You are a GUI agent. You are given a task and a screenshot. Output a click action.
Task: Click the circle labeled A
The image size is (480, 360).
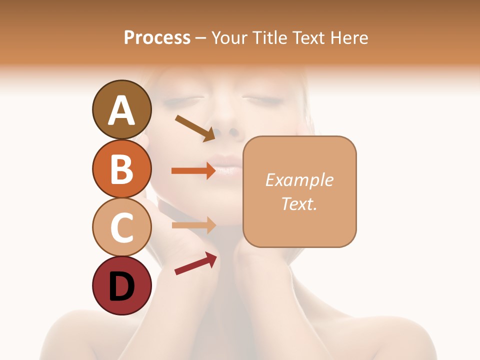121,109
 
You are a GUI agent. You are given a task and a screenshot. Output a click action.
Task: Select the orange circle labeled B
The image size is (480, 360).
121,168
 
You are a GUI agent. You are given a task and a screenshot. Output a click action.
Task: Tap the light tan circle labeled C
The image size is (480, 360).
121,227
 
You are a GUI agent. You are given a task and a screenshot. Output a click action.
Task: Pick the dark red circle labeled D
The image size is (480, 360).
121,285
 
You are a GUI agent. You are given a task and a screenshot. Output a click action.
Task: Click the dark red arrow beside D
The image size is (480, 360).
195,264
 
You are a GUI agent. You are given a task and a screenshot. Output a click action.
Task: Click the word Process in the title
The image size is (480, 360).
157,37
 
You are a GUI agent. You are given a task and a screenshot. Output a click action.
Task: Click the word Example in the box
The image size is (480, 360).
299,180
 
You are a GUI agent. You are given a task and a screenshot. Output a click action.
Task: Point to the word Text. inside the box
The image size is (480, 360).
299,203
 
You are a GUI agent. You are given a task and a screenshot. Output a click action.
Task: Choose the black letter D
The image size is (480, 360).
121,286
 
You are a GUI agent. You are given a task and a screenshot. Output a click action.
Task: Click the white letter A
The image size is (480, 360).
121,110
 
